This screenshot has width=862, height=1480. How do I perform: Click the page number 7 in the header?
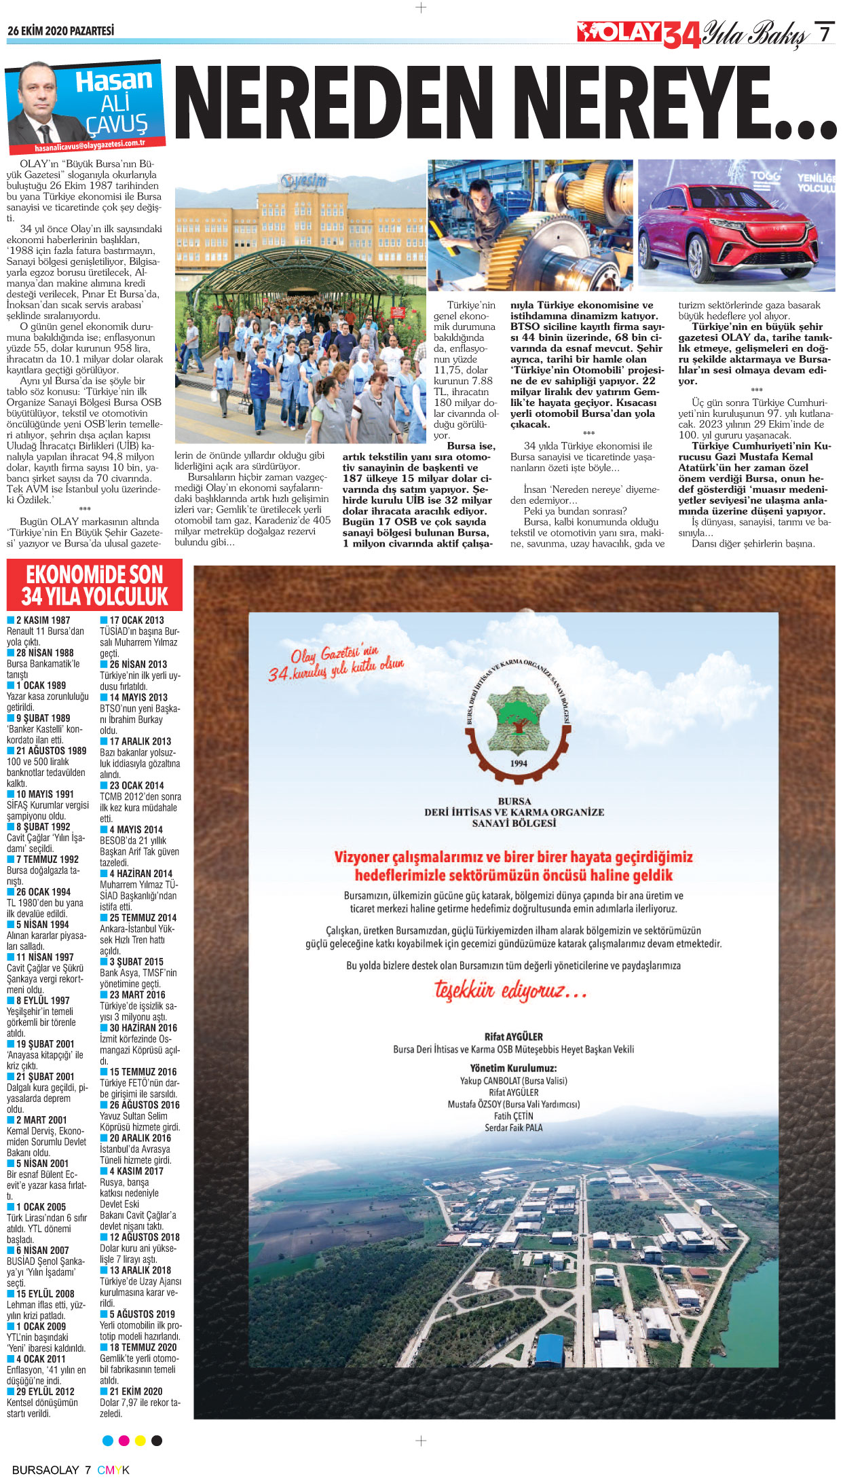tap(824, 33)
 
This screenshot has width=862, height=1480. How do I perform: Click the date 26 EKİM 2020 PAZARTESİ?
tap(60, 31)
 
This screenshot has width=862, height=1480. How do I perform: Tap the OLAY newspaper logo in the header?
tap(619, 32)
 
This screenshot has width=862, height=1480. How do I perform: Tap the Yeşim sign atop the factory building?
tap(304, 181)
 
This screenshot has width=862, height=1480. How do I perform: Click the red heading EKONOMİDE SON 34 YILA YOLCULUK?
tap(94, 585)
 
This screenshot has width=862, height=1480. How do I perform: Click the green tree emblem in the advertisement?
tap(519, 718)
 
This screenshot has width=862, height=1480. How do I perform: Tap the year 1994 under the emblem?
tap(519, 763)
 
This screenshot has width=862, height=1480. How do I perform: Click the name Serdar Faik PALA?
tap(513, 1128)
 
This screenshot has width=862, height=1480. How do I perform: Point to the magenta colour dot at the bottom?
tap(124, 1440)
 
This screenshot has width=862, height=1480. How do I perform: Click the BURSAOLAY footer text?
tap(45, 1470)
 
